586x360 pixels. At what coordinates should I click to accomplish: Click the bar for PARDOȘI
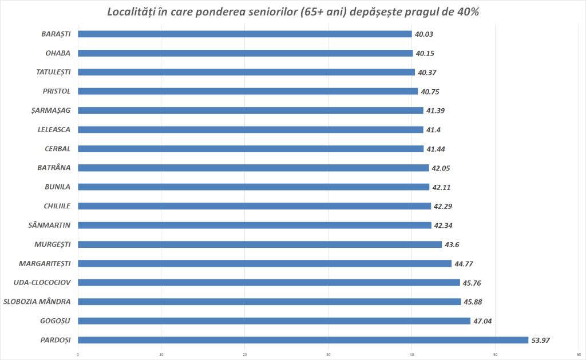click(303, 340)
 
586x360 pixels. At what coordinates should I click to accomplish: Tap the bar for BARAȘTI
click(244, 34)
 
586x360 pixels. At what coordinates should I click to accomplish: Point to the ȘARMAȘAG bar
click(250, 110)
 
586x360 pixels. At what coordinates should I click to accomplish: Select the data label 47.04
click(482, 321)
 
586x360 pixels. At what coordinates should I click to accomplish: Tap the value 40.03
click(424, 34)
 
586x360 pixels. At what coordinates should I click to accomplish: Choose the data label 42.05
click(441, 168)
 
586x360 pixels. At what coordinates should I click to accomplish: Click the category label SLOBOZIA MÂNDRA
click(37, 302)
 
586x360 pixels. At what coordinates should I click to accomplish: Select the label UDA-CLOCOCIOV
click(42, 282)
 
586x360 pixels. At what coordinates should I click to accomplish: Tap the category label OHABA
click(58, 53)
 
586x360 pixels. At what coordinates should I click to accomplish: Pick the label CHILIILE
click(57, 206)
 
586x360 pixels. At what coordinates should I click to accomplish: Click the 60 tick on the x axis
click(579, 353)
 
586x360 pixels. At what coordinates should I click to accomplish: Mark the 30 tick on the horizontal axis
click(328, 353)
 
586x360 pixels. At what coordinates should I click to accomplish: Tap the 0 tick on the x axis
click(78, 353)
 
